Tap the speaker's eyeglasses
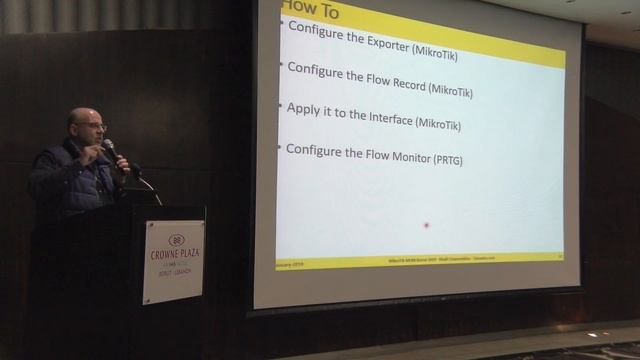[x=90, y=127]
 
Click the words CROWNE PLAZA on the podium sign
[x=175, y=253]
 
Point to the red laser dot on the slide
[x=426, y=225]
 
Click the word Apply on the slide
[x=304, y=109]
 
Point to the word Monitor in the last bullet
[x=401, y=156]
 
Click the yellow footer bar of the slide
[x=420, y=258]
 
